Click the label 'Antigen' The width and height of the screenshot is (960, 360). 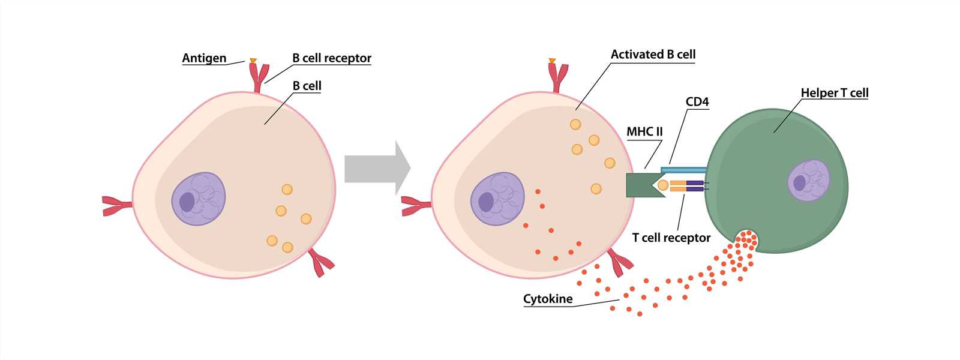204,58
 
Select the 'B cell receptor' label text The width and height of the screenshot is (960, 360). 332,58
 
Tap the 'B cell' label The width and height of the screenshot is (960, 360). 307,86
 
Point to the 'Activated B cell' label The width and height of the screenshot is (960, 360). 653,55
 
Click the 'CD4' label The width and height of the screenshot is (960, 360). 697,102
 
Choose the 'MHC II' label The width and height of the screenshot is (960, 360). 644,132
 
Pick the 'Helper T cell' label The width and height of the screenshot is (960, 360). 834,93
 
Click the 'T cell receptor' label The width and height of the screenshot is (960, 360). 671,238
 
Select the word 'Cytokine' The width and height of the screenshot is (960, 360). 548,299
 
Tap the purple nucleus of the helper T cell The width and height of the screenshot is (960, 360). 808,180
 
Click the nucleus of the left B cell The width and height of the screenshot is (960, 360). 199,199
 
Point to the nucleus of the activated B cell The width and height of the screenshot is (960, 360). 497,199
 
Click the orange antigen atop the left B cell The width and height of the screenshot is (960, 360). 253,61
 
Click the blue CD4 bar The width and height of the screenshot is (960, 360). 683,170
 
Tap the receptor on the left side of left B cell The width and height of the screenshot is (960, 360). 117,205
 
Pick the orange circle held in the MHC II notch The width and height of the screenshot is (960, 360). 663,185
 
